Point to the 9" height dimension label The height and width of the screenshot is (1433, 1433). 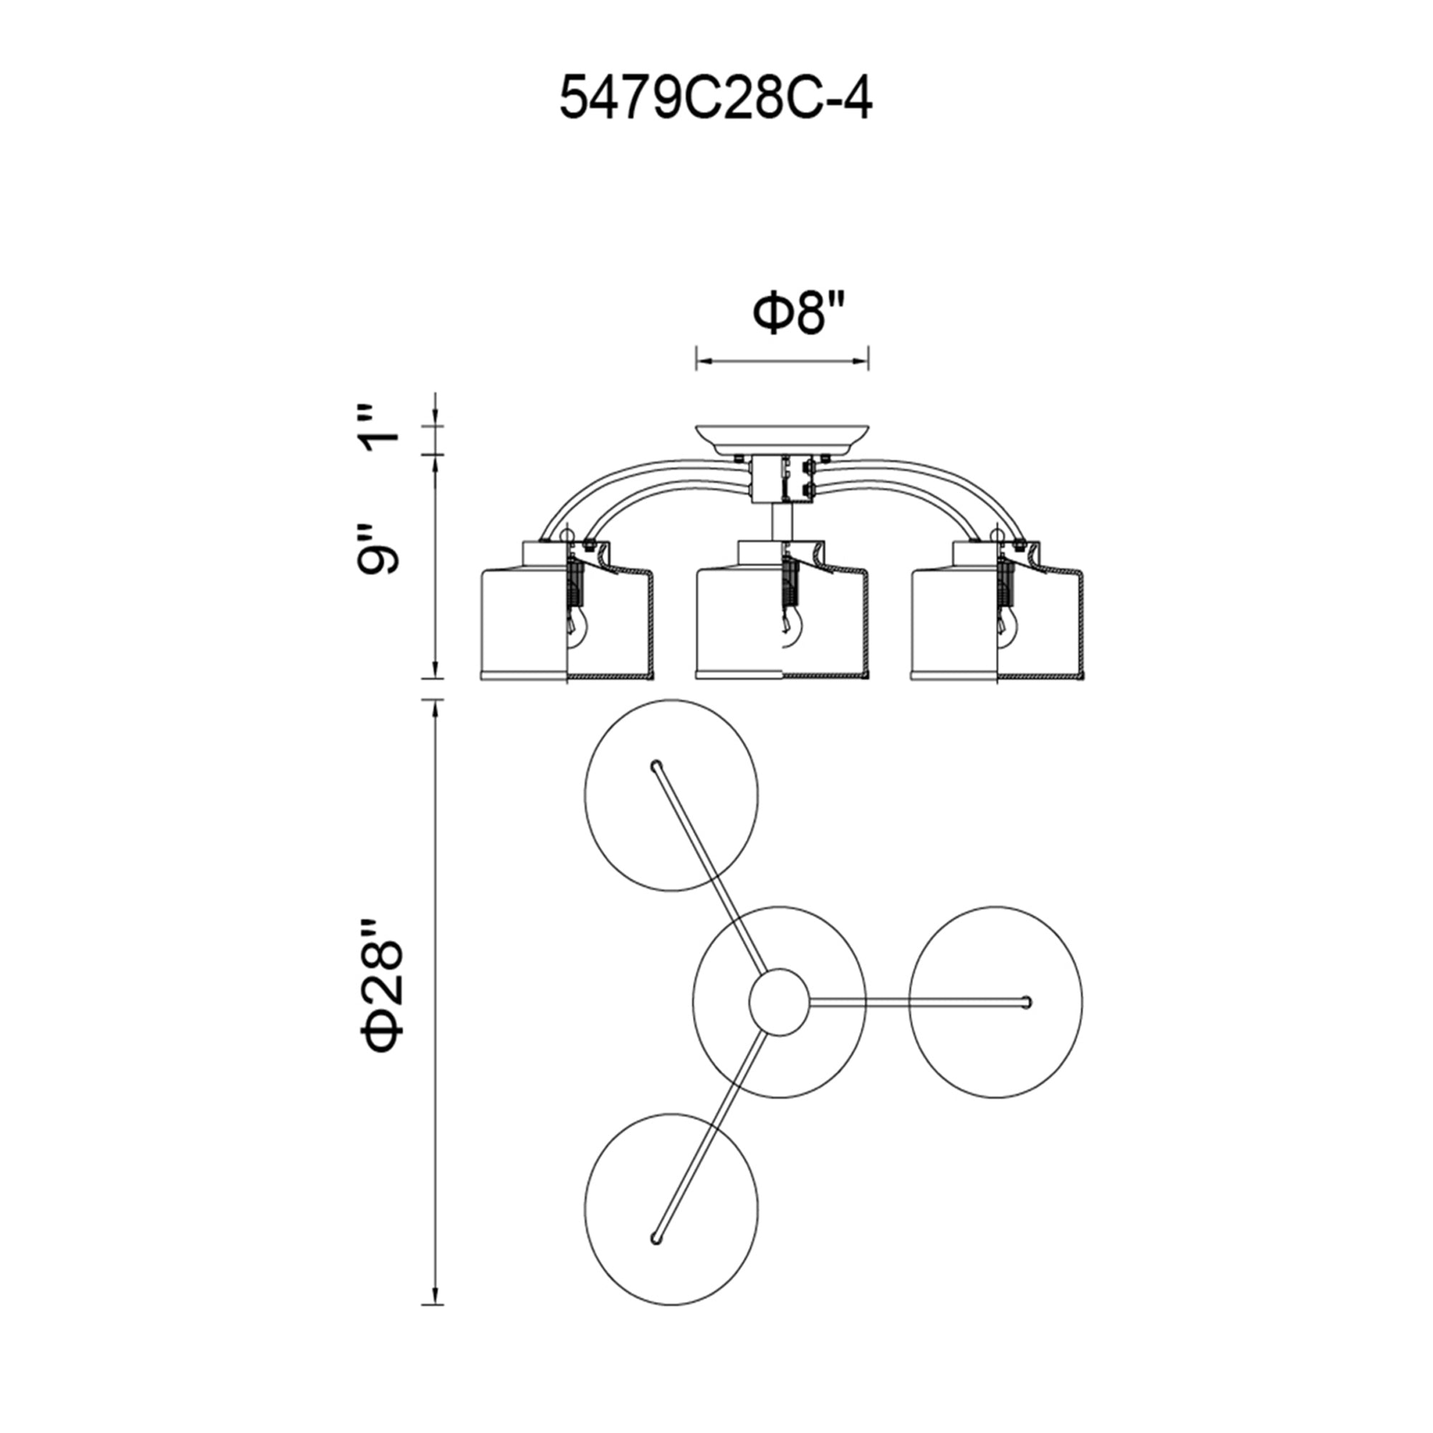click(x=378, y=550)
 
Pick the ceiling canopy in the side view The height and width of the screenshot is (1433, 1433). click(x=782, y=440)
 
